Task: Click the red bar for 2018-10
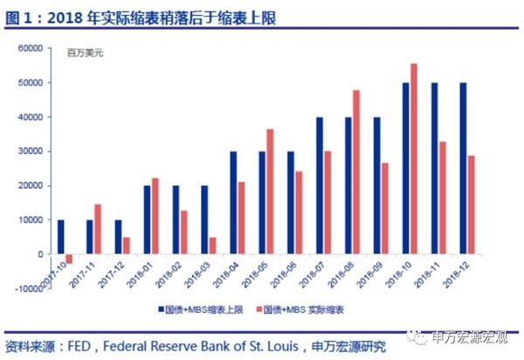click(413, 158)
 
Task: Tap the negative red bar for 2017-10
click(69, 259)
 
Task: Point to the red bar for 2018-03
click(212, 246)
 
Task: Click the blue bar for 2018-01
click(146, 219)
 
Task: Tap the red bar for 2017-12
click(127, 246)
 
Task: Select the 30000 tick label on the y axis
click(31, 151)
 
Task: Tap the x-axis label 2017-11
click(85, 278)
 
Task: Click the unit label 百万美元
click(86, 53)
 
